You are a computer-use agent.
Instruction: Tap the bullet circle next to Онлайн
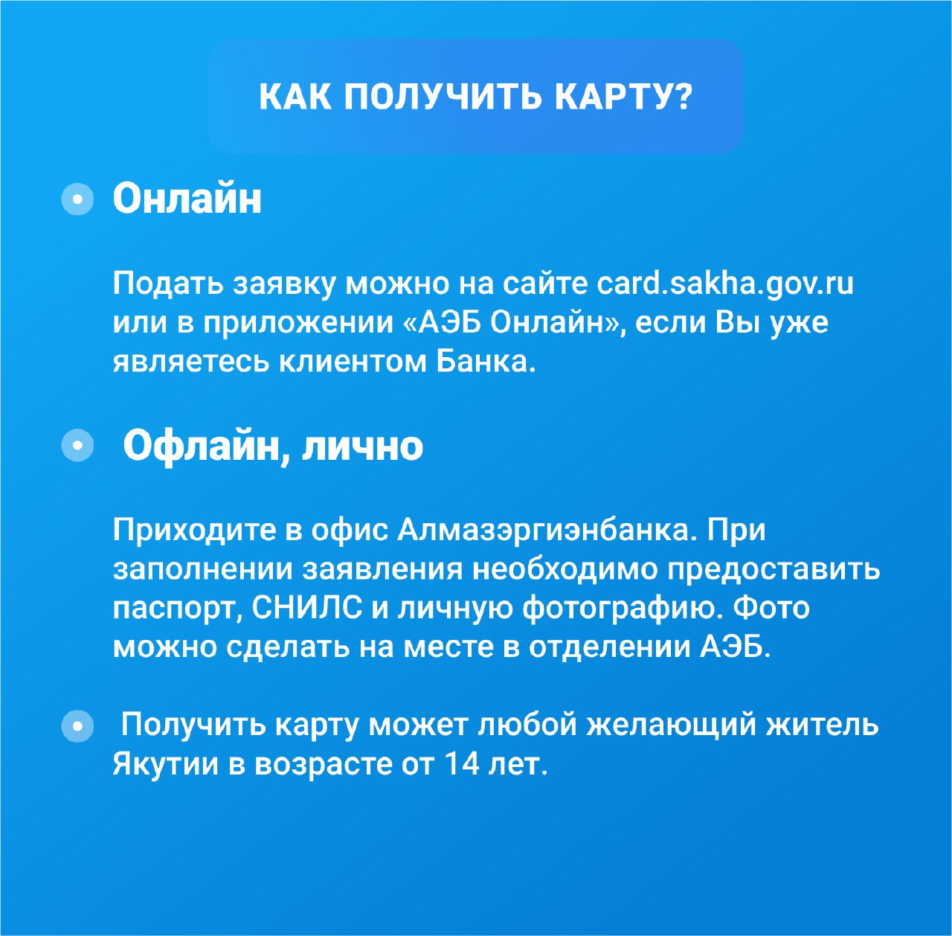coord(77,199)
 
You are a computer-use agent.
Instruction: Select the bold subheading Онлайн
coord(187,199)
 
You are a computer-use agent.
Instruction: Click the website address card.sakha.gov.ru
coord(724,284)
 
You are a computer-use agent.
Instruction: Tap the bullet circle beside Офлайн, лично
coord(77,445)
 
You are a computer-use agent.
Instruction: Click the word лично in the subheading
coord(363,446)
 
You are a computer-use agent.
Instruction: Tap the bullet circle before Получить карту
coord(77,726)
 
